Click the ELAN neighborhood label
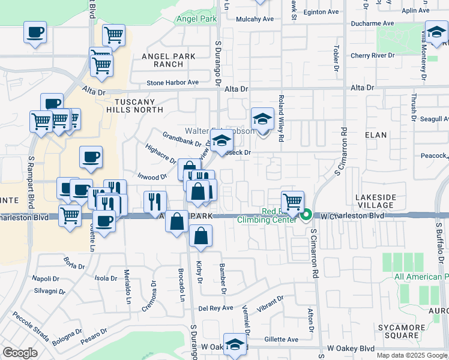(x=376, y=135)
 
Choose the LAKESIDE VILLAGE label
(x=376, y=201)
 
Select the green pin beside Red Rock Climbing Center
(x=306, y=215)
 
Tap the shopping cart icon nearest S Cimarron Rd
(x=292, y=202)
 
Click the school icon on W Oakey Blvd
(x=235, y=344)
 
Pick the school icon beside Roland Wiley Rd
(x=262, y=119)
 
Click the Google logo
(x=20, y=352)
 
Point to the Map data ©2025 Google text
(x=411, y=355)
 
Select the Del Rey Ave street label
(x=215, y=308)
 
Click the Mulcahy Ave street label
(x=255, y=19)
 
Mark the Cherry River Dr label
(x=373, y=55)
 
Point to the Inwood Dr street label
(x=152, y=177)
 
